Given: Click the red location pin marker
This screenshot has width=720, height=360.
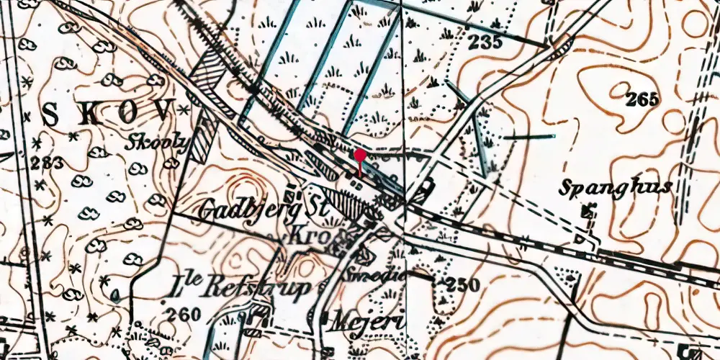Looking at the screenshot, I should coord(359,156).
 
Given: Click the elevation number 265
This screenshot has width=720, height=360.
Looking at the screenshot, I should coord(642,99).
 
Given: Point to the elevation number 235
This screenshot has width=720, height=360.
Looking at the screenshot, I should coord(484,42).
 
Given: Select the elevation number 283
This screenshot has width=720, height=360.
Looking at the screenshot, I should coord(47,163).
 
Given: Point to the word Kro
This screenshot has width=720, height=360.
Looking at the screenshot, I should coord(307,235).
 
